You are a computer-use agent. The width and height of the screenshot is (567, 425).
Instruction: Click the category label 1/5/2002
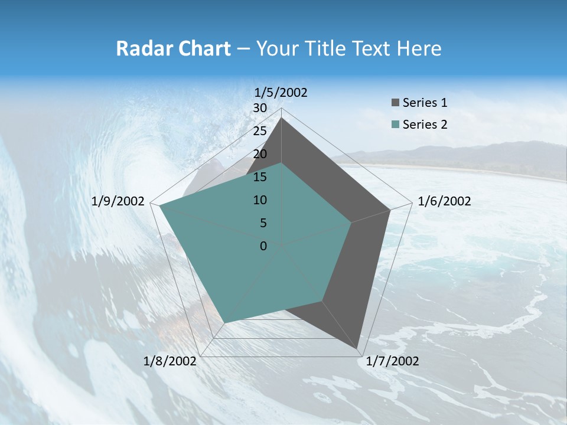[281, 93]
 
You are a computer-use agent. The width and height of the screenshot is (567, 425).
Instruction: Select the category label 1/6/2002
[444, 201]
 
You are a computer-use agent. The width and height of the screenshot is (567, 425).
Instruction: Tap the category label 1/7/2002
[392, 361]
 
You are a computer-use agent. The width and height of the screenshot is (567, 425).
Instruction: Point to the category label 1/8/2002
[170, 361]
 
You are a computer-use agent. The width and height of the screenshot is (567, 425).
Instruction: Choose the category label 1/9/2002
[118, 201]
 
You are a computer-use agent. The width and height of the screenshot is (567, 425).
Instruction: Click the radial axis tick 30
[260, 108]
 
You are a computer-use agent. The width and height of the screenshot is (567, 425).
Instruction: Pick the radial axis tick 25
[260, 131]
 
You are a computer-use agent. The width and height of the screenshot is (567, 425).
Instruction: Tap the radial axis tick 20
[260, 154]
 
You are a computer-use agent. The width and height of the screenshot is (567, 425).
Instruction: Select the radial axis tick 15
[260, 177]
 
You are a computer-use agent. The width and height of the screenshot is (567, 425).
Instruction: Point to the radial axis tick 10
[260, 200]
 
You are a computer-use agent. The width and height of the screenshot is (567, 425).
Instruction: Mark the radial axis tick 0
[263, 246]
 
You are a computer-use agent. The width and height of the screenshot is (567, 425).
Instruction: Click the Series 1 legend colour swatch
[395, 103]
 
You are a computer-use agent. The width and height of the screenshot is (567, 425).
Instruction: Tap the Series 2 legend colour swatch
[395, 125]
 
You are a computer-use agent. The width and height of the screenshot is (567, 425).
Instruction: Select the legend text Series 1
[425, 103]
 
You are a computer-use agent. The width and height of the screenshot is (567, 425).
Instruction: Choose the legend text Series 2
[425, 125]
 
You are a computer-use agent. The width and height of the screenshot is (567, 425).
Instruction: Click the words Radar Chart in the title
[173, 49]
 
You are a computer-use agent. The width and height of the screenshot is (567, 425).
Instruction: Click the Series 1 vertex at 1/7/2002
[358, 348]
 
